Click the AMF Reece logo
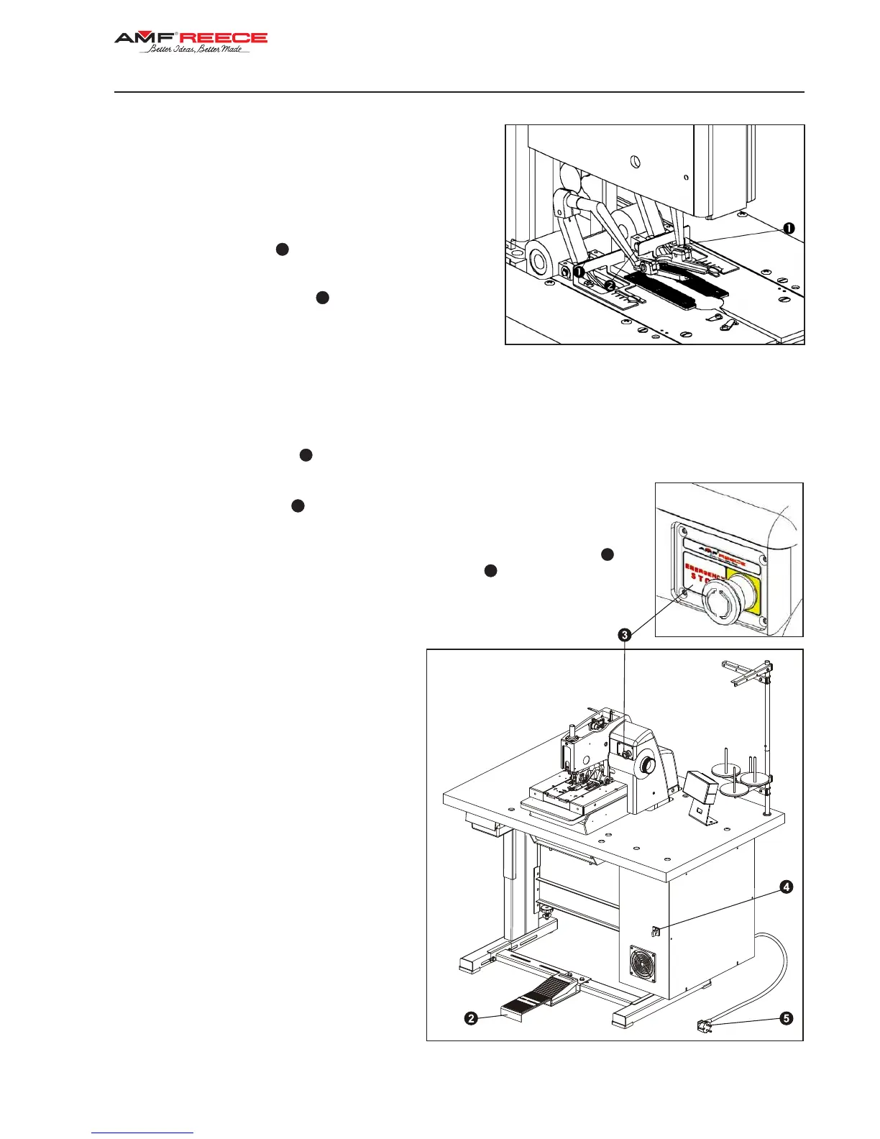(x=191, y=38)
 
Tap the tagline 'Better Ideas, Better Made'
(x=195, y=50)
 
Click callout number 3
(x=625, y=634)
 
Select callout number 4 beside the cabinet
(x=787, y=887)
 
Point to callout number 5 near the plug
(x=787, y=1018)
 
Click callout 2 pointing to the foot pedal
(x=471, y=1018)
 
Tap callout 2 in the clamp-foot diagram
(x=610, y=285)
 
